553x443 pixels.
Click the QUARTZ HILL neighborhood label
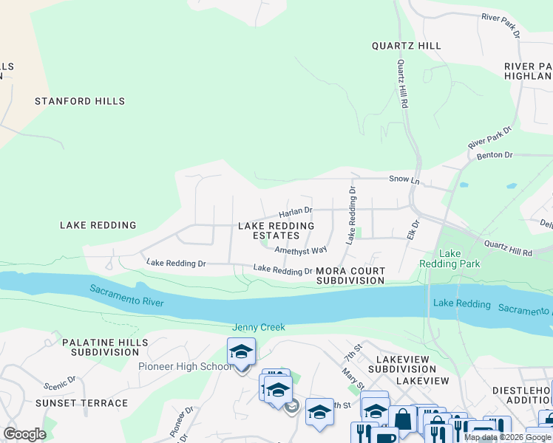click(x=407, y=46)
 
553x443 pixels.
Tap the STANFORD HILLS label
click(x=80, y=101)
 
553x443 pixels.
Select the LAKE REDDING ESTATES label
click(x=276, y=230)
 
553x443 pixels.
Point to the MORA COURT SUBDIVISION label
click(x=350, y=275)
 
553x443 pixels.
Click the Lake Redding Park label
click(x=460, y=258)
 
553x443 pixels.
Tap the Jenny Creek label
click(x=258, y=327)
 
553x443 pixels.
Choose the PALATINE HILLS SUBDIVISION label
click(x=105, y=348)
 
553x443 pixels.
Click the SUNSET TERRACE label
click(x=81, y=403)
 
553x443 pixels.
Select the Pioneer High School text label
click(x=185, y=367)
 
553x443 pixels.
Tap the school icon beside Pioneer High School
click(x=241, y=352)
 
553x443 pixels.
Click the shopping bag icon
click(x=403, y=419)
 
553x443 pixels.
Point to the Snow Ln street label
click(x=404, y=180)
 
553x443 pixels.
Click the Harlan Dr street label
click(x=296, y=212)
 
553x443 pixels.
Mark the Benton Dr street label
click(x=495, y=155)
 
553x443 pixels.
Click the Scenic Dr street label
click(x=60, y=385)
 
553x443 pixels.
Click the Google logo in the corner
click(x=24, y=434)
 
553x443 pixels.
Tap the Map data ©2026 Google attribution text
click(x=507, y=437)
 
